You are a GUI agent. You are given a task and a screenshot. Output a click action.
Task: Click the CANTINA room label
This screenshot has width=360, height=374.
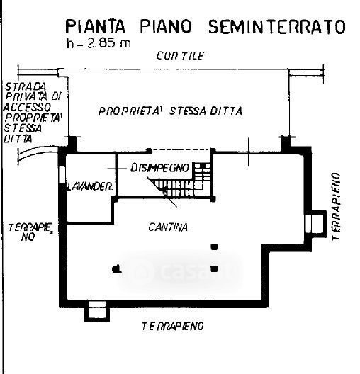(x=168, y=227)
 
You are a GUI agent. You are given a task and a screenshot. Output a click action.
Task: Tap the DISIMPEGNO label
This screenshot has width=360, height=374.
(x=159, y=168)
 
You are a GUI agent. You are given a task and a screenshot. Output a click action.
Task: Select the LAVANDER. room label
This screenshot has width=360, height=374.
(x=90, y=187)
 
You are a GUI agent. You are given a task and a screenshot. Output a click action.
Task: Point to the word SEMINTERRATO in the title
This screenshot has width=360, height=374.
(x=277, y=26)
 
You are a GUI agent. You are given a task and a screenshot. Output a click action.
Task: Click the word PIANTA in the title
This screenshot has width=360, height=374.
(x=95, y=26)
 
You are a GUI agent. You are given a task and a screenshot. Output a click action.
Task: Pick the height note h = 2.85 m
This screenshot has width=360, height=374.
(x=99, y=43)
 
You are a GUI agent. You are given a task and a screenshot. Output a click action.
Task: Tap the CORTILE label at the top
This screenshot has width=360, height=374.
(x=181, y=56)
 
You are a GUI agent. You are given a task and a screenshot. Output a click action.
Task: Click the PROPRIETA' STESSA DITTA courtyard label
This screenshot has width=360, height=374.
(x=170, y=111)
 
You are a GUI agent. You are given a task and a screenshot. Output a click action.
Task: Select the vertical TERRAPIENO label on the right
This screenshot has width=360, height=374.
(x=336, y=207)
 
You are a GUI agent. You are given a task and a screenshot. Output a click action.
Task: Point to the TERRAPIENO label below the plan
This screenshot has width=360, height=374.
(x=173, y=326)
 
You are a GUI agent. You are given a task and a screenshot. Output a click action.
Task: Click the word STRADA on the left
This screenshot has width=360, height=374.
(x=26, y=87)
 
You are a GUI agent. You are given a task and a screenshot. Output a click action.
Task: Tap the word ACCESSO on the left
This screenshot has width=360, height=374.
(x=27, y=107)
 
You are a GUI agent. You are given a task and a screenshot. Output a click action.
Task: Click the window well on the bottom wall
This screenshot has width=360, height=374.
(x=97, y=310)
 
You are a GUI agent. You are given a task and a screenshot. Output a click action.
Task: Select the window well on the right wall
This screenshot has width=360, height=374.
(x=316, y=224)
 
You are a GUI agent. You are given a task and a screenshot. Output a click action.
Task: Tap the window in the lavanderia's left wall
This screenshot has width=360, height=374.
(x=62, y=175)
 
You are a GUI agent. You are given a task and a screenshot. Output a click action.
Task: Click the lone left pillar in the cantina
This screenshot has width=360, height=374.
(x=116, y=269)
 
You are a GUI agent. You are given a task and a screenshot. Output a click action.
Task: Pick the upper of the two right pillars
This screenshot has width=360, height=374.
(x=214, y=246)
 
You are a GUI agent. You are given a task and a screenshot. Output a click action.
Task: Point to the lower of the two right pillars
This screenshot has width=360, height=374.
(x=214, y=269)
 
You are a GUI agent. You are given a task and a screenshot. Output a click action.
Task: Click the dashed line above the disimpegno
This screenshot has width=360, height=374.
(x=181, y=149)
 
